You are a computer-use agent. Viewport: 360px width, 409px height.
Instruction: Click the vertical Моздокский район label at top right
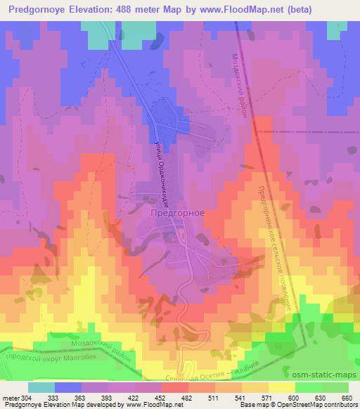pos(240,87)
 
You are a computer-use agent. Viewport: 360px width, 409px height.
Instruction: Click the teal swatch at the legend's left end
pos(41,387)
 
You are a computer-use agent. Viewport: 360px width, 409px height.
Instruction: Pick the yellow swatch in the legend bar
pos(281,387)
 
